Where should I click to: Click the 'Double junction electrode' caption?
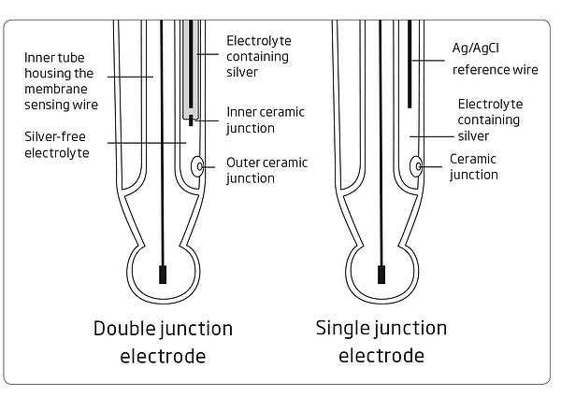coord(163,342)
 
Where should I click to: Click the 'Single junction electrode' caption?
coord(381,342)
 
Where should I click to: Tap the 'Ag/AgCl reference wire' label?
coord(496,59)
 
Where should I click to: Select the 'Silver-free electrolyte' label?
coord(57,145)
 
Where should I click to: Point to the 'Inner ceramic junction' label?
coord(266,120)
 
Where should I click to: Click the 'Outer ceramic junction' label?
coord(266,170)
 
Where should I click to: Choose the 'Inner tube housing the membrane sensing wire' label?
coord(61,81)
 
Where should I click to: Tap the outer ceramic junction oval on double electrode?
coord(197,166)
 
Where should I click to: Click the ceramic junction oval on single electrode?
coord(416,166)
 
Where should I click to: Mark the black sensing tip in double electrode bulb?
coord(163,275)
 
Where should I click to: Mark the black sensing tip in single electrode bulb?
coord(381,275)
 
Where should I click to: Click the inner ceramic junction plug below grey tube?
coord(191,120)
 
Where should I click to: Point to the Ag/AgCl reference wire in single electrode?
coord(410,64)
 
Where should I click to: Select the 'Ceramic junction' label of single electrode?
coord(474,166)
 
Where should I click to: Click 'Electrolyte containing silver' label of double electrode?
coord(259,56)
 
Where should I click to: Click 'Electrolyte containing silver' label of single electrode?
coord(490,120)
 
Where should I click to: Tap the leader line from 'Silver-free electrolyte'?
coord(147,143)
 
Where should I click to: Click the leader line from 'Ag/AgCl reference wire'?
coord(428,61)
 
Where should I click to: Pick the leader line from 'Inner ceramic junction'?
coord(206,120)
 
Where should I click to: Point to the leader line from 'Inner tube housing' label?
coord(130,77)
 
